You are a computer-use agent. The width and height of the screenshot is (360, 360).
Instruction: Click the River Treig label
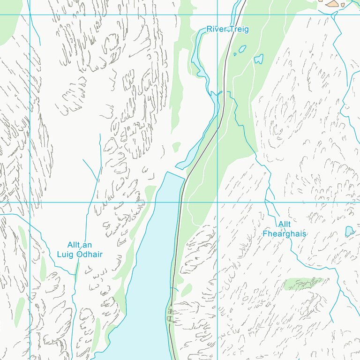pyautogui.click(x=228, y=30)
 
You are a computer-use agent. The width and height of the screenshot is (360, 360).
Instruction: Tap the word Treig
pyautogui.click(x=239, y=30)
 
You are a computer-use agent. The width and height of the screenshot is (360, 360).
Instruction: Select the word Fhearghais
pyautogui.click(x=284, y=233)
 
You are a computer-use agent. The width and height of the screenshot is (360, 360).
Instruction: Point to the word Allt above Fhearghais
pyautogui.click(x=284, y=225)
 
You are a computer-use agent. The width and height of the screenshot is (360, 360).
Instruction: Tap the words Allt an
pyautogui.click(x=79, y=245)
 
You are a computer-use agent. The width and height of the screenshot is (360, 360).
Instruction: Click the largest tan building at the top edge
pyautogui.click(x=333, y=4)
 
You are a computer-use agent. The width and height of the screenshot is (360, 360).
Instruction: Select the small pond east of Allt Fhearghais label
pyautogui.click(x=349, y=231)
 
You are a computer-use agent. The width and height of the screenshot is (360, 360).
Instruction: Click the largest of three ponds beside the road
pyautogui.click(x=258, y=59)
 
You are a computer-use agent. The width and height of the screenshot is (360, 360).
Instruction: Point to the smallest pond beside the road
pyautogui.click(x=235, y=54)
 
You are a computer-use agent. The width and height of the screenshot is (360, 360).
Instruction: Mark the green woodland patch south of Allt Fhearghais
pyautogui.click(x=304, y=283)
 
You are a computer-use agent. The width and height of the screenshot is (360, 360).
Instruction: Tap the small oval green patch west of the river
pyautogui.click(x=176, y=147)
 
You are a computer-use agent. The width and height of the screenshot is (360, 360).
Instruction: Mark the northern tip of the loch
pyautogui.click(x=168, y=173)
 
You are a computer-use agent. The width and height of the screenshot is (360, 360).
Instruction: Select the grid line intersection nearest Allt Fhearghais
pyautogui.click(x=217, y=202)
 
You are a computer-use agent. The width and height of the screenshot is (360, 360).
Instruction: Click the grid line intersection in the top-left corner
pyautogui.click(x=30, y=15)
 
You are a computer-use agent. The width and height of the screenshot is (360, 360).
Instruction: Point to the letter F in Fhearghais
pyautogui.click(x=265, y=233)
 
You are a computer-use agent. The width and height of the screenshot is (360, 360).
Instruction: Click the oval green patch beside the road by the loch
pyautogui.click(x=187, y=290)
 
